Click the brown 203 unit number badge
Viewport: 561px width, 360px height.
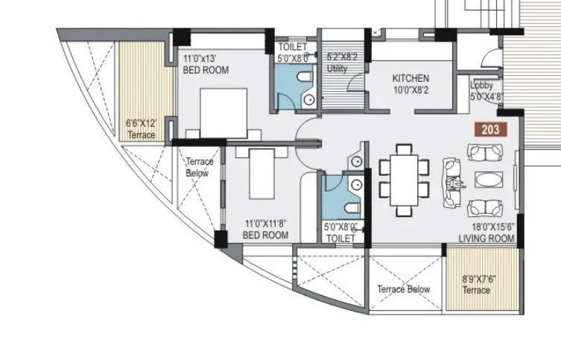(490, 129)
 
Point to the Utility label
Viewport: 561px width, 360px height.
(337, 69)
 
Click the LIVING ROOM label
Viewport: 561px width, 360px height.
(486, 239)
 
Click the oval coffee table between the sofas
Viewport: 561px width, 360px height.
(488, 180)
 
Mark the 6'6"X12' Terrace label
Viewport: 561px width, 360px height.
(141, 130)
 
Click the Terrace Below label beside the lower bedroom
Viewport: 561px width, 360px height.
(199, 167)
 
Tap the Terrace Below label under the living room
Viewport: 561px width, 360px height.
(403, 289)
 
